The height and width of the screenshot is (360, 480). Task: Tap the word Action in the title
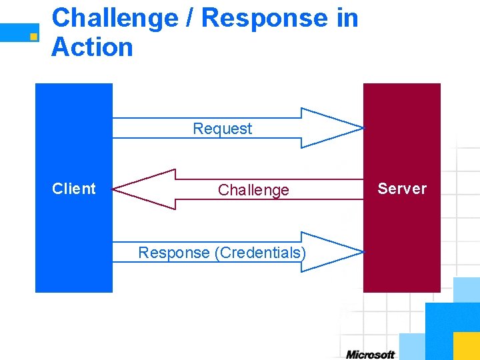pyautogui.click(x=92, y=47)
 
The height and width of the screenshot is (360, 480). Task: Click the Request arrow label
pyautogui.click(x=222, y=129)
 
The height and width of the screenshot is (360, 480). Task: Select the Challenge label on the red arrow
pyautogui.click(x=253, y=190)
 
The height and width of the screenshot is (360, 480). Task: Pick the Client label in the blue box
pyautogui.click(x=74, y=189)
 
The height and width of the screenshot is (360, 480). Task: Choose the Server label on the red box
pyautogui.click(x=401, y=189)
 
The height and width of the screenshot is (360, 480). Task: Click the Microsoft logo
pyautogui.click(x=370, y=354)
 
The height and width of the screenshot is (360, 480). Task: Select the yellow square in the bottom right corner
pyautogui.click(x=466, y=345)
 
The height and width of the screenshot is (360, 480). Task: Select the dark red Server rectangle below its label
pyautogui.click(x=401, y=247)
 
